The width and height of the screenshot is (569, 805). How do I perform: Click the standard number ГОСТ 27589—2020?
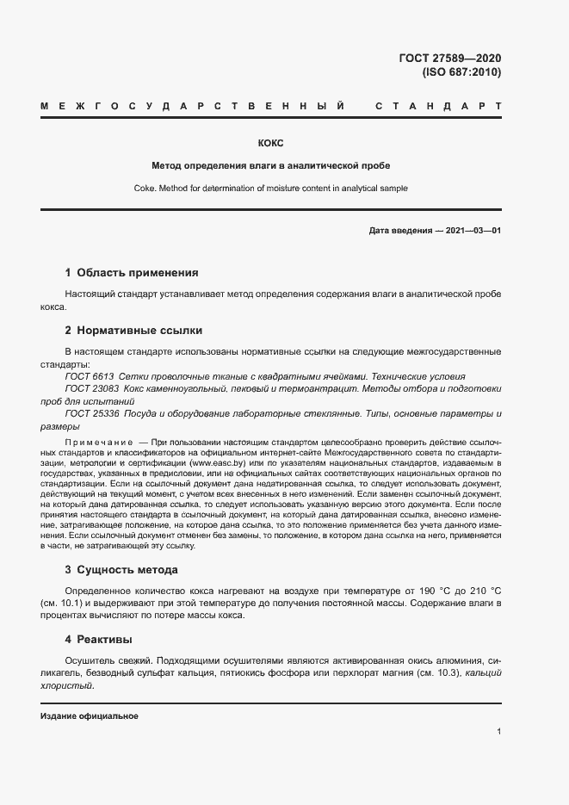coord(450,58)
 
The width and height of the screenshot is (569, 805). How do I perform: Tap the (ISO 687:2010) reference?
coord(461,72)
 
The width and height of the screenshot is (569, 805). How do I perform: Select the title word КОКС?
coord(270,143)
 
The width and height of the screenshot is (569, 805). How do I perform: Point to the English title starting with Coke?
coord(270,188)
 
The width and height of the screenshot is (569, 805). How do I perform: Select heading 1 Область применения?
coord(132,273)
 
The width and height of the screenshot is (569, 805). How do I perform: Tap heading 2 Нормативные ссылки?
coord(133,331)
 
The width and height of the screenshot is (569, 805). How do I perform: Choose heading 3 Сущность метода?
coord(121,570)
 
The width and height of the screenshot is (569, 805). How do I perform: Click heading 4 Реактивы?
coord(99,640)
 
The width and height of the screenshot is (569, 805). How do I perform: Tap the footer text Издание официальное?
coord(89,716)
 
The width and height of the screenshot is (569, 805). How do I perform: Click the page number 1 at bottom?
coord(498,732)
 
